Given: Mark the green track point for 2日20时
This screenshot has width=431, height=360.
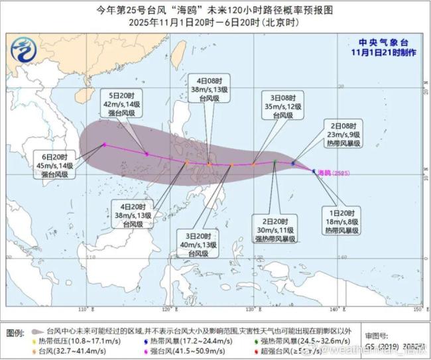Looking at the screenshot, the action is click(275, 161).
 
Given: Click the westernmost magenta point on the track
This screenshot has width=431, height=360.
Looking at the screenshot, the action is click(104, 145).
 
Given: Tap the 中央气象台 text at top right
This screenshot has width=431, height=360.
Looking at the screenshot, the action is click(385, 40).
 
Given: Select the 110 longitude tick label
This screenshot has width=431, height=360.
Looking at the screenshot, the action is click(83, 310).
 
